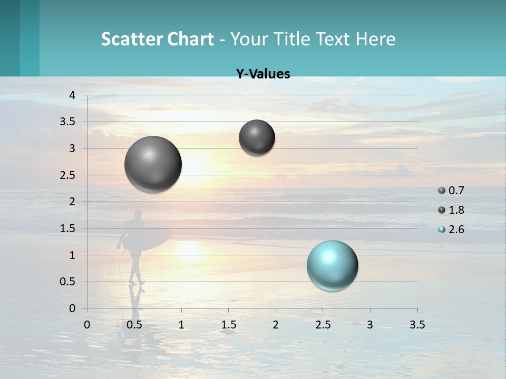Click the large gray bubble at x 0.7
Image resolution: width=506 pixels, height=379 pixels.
point(153,164)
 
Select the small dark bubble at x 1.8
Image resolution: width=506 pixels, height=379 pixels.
point(257,137)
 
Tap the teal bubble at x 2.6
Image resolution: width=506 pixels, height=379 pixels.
point(332,265)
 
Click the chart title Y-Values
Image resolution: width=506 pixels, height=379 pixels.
point(262,74)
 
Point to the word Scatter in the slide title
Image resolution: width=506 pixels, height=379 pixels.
point(132,39)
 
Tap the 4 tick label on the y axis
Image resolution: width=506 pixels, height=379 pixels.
point(72,95)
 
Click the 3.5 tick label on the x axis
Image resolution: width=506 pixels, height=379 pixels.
point(417,325)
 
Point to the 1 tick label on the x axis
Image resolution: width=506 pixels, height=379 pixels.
point(181,325)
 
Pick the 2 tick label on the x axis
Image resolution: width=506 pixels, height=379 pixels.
point(276,325)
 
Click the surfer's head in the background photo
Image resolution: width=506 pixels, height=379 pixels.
point(138,214)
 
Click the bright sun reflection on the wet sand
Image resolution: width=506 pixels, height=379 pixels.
point(188,251)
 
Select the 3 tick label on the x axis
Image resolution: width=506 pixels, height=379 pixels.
point(370,325)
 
